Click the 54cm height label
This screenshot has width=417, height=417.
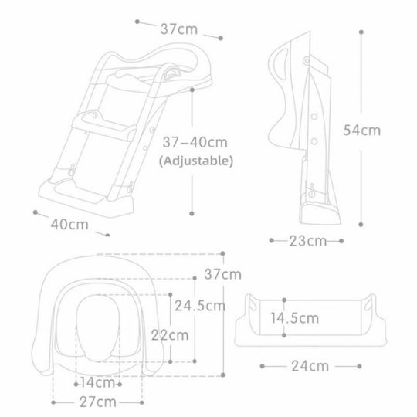pos(361,131)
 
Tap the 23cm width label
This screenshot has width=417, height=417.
pos(307,241)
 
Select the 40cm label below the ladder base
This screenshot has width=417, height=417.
pos(69,225)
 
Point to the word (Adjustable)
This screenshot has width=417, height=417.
pos(196,161)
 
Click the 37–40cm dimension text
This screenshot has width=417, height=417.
pos(195,142)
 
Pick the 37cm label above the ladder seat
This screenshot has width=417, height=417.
pos(179,29)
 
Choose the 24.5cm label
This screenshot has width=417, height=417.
pos(200,306)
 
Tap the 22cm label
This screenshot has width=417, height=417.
pos(170,335)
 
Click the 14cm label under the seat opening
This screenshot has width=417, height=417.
pos(97,383)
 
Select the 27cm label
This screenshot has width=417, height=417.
pos(98,402)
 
